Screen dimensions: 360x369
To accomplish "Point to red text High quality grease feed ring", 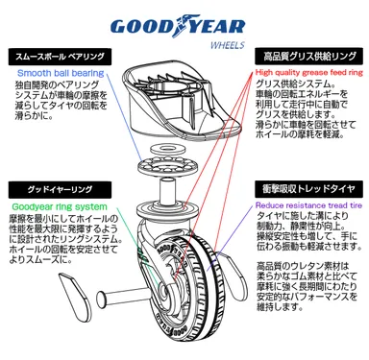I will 309,72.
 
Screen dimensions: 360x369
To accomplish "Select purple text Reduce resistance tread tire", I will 307,204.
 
